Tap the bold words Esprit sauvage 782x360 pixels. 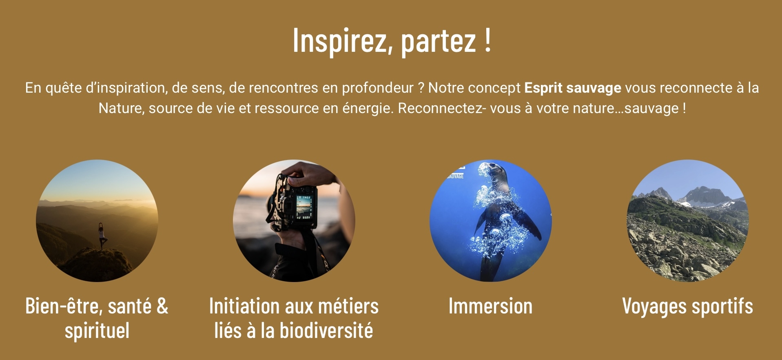coord(572,88)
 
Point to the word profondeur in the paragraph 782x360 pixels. coord(378,88)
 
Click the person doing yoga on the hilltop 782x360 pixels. coord(100,236)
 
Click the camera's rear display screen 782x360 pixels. coord(303,206)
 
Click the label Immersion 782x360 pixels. coord(490,306)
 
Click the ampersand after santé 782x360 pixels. coord(162,306)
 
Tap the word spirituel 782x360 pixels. coord(97,331)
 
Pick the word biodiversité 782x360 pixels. coord(326,330)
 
